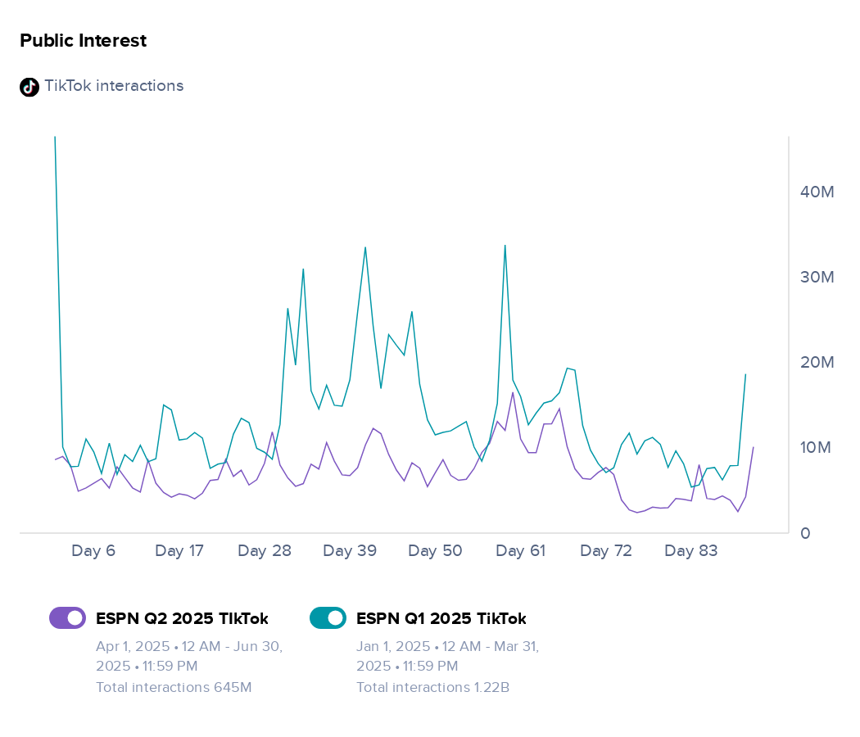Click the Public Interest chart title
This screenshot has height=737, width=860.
(84, 41)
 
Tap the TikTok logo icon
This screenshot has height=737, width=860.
(29, 87)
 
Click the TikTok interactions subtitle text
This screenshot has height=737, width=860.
(114, 85)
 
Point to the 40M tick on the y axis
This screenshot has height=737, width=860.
(817, 192)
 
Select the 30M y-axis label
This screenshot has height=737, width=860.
(817, 277)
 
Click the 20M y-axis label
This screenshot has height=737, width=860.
(817, 362)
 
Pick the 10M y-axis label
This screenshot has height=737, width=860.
(816, 447)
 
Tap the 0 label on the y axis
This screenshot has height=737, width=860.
(805, 533)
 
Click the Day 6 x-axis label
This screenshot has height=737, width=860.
(93, 550)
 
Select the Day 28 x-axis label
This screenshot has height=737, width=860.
(265, 550)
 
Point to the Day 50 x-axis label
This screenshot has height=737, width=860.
(435, 550)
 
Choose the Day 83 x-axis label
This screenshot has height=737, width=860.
(691, 550)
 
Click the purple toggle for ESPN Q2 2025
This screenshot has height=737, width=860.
(67, 618)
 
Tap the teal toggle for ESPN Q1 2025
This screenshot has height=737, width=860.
(328, 618)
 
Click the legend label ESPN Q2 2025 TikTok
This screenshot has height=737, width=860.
(182, 618)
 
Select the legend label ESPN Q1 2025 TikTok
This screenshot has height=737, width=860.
(441, 618)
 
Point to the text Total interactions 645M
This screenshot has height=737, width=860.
(174, 687)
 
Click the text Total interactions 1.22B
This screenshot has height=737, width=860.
(433, 687)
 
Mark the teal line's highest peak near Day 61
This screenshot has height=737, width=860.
(505, 246)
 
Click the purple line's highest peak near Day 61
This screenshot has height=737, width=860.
(513, 392)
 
